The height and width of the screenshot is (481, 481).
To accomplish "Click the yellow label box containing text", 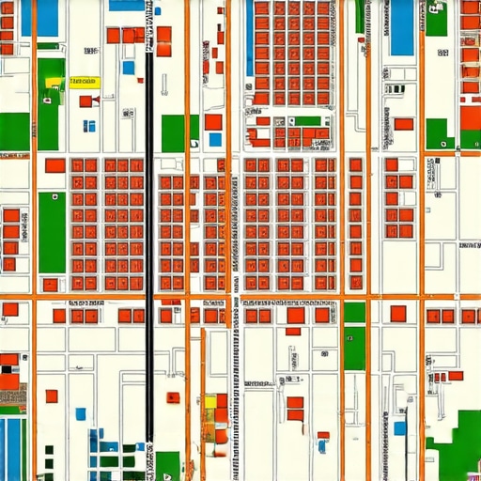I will click(x=85, y=82).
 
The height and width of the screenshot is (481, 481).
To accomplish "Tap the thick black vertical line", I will click(x=148, y=235).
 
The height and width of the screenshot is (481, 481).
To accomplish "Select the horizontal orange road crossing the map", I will click(x=240, y=298).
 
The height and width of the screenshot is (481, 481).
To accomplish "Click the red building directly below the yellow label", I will click(x=86, y=101).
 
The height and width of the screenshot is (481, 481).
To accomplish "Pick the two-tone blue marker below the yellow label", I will click(x=88, y=125).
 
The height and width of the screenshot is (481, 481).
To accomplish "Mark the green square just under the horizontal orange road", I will click(x=354, y=312).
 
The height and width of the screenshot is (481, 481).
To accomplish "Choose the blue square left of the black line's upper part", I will click(x=129, y=68).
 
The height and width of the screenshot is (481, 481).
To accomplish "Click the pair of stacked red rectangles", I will click(x=295, y=409).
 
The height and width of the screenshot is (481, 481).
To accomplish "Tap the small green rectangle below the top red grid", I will click(x=308, y=120).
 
